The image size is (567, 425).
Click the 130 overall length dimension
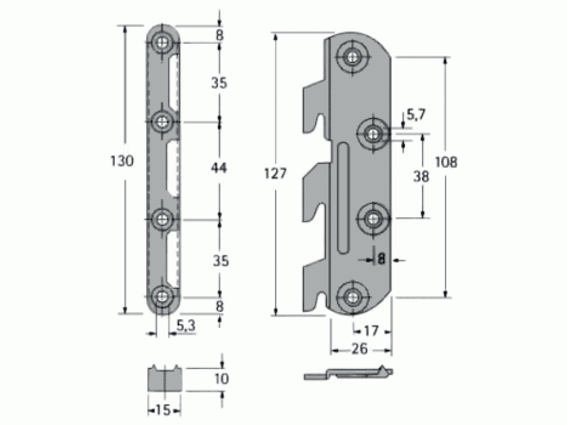click(x=122, y=161)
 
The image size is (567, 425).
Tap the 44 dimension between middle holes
click(x=219, y=168)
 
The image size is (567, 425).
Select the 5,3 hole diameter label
click(x=186, y=326)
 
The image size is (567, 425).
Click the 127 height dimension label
click(x=275, y=174)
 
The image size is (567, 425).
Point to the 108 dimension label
click(x=446, y=162)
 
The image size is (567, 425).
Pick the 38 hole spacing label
click(x=421, y=177)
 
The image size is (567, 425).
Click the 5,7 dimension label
click(x=416, y=115)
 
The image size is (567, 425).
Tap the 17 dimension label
click(x=371, y=331)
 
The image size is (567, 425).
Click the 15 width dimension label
click(x=163, y=410)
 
